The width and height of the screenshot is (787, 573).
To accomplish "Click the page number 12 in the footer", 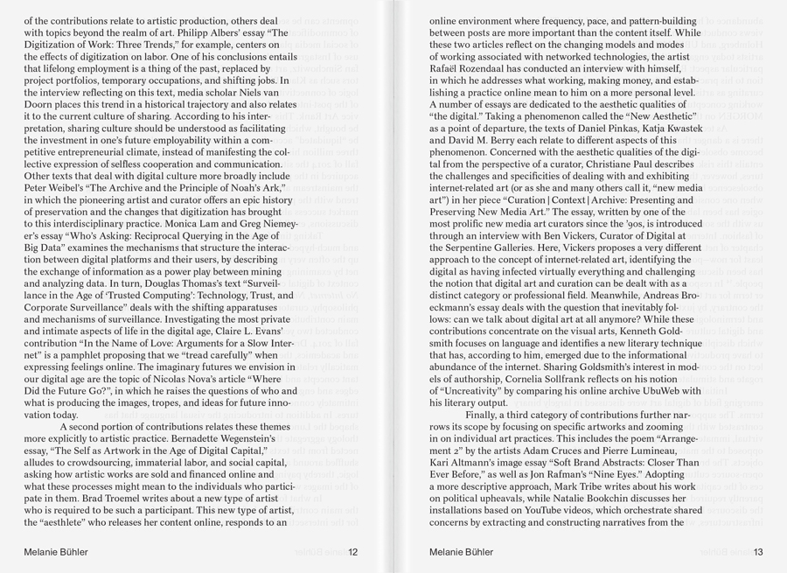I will [x=352, y=552].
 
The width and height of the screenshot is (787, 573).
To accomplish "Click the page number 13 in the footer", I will [x=758, y=552].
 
